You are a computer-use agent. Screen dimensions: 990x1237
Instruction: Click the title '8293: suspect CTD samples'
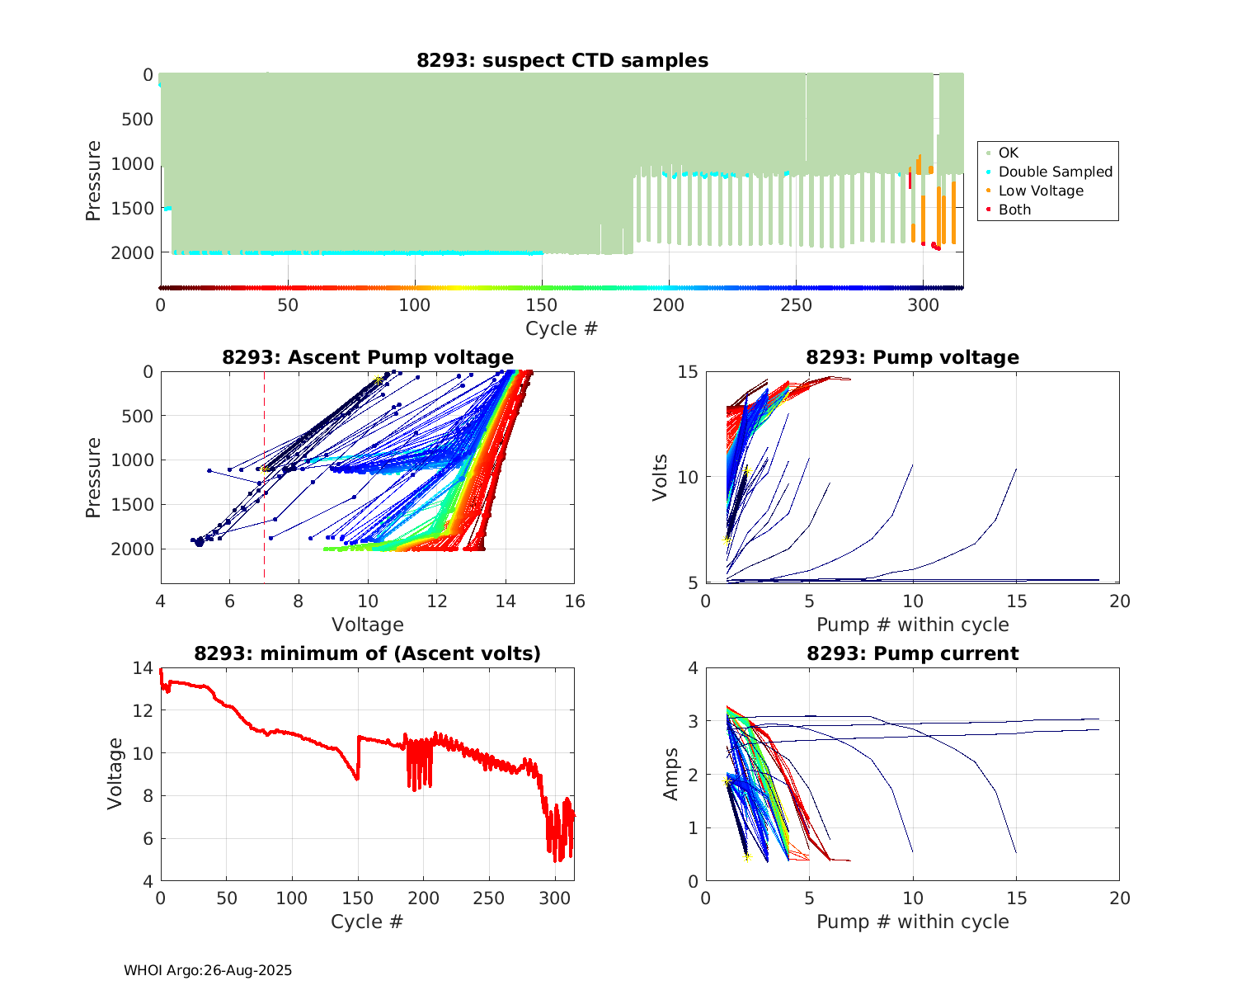tap(562, 60)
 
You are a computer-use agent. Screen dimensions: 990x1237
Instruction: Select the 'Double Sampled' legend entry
tap(1055, 172)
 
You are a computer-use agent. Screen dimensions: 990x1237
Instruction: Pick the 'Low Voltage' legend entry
tap(1041, 191)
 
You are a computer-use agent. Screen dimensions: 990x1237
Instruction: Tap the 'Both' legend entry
tap(1014, 210)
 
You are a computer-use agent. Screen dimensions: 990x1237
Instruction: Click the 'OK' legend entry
tap(1008, 153)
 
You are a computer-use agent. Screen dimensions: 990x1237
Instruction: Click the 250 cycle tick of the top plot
tap(796, 305)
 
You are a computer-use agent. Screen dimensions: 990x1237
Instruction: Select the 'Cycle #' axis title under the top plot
tap(562, 328)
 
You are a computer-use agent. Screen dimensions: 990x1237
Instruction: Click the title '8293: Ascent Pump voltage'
tap(368, 357)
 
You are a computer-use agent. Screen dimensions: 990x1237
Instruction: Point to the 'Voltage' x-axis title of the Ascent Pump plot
tap(368, 625)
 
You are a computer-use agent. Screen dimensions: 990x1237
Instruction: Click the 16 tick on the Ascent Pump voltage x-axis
tap(575, 601)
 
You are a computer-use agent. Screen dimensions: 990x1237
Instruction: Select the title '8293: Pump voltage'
tap(912, 357)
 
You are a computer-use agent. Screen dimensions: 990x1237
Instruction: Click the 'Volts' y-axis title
tap(660, 477)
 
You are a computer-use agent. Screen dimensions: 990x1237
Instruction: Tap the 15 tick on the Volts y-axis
tap(688, 372)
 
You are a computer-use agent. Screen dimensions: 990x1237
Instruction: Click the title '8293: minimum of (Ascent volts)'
tap(368, 653)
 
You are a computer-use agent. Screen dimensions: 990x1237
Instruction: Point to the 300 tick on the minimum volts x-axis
tap(554, 898)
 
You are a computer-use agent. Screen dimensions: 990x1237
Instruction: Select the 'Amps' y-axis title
tap(671, 774)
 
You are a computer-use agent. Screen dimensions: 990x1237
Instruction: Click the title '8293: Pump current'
tap(912, 653)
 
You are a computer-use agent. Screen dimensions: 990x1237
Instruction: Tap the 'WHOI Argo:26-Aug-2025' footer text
tap(208, 970)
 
